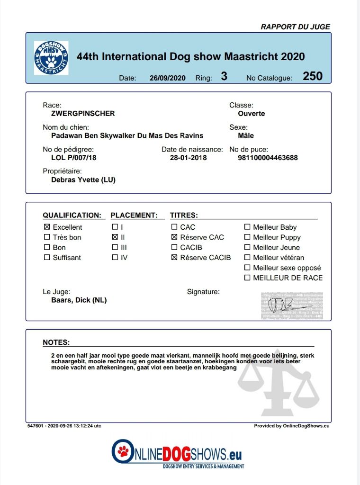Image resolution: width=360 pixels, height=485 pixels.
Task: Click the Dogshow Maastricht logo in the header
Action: click(x=51, y=58)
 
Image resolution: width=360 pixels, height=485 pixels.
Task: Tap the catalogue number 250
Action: click(x=313, y=76)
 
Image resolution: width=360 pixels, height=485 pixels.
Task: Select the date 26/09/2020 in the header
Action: click(x=168, y=78)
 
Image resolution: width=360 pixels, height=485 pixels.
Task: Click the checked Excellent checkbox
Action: click(x=47, y=227)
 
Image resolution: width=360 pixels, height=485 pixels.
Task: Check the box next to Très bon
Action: click(x=47, y=237)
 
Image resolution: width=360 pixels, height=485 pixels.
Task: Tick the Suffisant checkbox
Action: click(x=47, y=258)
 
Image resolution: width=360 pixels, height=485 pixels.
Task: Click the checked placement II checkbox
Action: click(x=115, y=237)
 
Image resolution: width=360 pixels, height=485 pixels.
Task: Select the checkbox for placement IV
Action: click(x=115, y=258)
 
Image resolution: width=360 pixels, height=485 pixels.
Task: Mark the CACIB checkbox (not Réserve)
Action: click(x=174, y=247)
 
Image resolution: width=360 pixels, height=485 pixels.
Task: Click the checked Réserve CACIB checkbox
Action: click(x=174, y=258)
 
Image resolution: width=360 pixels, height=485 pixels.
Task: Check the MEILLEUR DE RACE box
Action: click(x=247, y=278)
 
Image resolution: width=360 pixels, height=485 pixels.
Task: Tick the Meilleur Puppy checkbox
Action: click(x=247, y=237)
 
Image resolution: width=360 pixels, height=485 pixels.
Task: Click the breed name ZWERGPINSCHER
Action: click(x=83, y=114)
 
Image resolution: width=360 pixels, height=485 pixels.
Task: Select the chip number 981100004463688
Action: click(x=268, y=158)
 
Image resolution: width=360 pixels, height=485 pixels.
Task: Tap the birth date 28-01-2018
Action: click(x=188, y=158)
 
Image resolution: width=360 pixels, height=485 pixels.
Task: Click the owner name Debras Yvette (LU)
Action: click(x=83, y=180)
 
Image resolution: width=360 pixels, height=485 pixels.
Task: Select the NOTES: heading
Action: click(x=56, y=342)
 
